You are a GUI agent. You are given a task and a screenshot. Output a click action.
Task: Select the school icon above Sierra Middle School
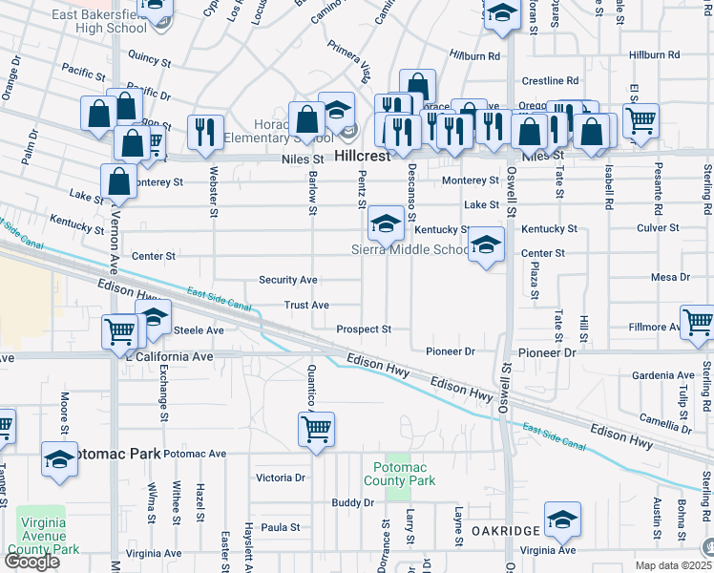386,224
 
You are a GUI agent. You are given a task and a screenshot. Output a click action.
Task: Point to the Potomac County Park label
404,474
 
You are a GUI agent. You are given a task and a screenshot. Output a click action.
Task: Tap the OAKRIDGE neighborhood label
505,528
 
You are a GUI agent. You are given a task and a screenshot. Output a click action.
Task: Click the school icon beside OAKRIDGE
562,520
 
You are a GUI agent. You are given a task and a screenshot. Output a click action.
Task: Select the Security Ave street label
288,280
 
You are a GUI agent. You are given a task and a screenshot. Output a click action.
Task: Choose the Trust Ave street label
306,305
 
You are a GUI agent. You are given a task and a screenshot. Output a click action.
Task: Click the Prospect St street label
364,329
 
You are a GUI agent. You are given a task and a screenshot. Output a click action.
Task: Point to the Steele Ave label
199,330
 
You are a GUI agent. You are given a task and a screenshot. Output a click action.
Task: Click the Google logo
31,562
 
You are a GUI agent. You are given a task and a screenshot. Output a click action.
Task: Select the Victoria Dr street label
280,477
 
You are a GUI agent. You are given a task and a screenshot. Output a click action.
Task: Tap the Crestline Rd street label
556,81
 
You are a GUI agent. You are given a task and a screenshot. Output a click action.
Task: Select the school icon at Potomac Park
59,461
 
